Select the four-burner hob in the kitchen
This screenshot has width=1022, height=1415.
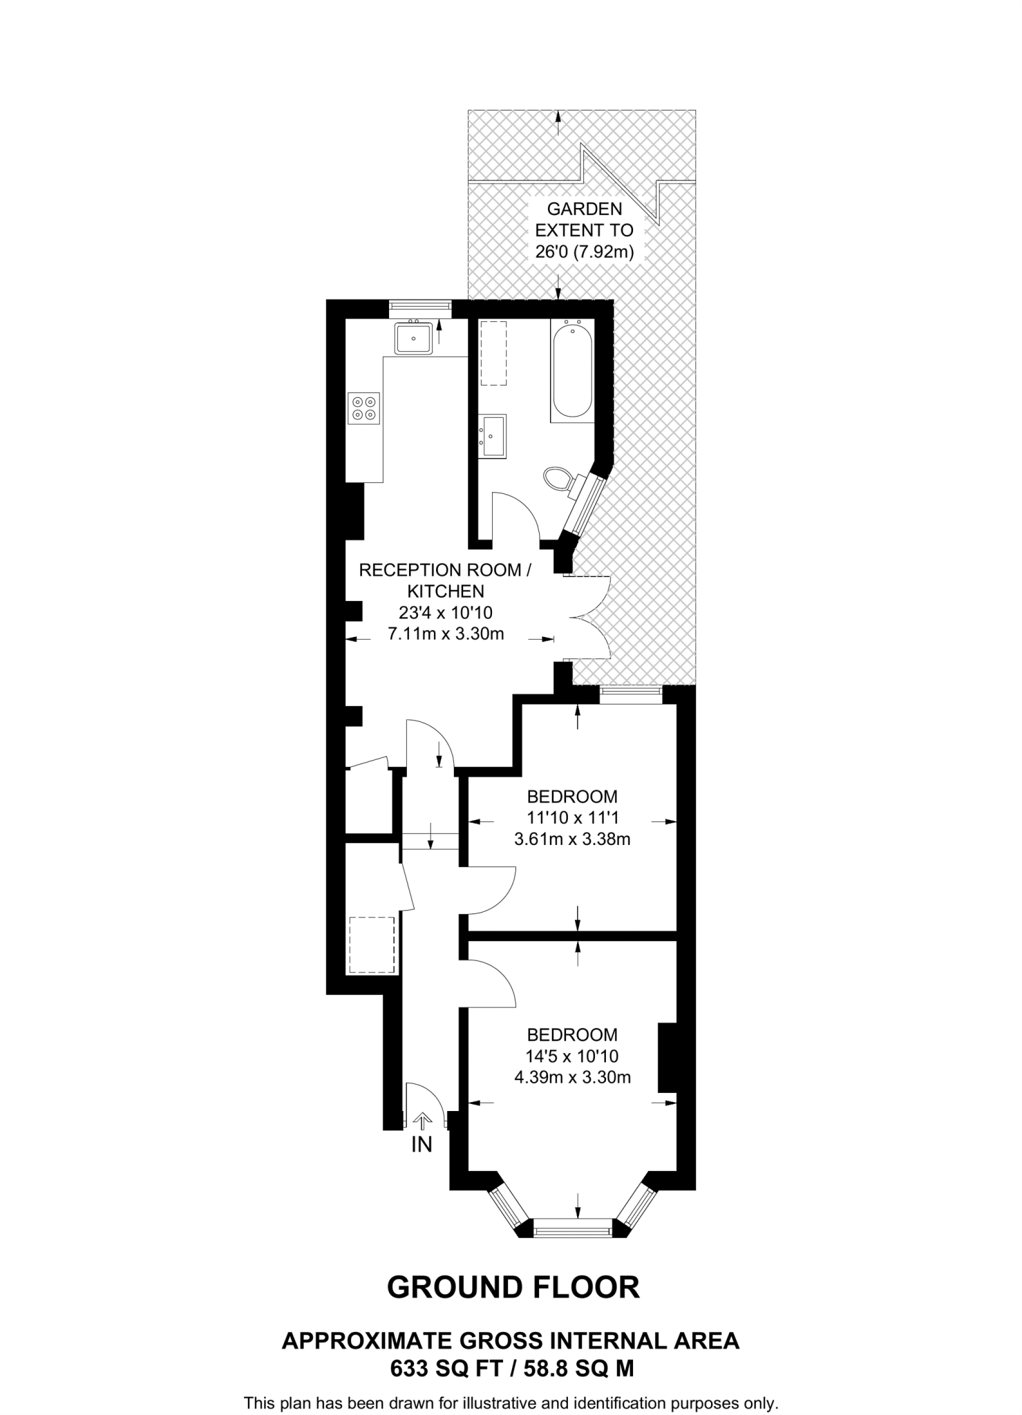(364, 408)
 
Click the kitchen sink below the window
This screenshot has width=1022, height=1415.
(414, 339)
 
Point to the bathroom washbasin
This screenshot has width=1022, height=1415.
(493, 435)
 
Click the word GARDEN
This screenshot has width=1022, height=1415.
(584, 209)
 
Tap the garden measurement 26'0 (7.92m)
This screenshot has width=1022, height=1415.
(584, 251)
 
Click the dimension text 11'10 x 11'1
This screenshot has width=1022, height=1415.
(572, 818)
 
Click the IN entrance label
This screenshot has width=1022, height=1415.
(422, 1145)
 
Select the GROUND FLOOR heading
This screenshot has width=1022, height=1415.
(513, 1287)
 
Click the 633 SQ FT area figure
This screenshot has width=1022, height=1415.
(442, 1369)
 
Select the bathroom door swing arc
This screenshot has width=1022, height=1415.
(525, 511)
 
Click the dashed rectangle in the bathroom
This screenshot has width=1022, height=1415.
(493, 353)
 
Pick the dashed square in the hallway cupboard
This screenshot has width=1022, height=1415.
(371, 944)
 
